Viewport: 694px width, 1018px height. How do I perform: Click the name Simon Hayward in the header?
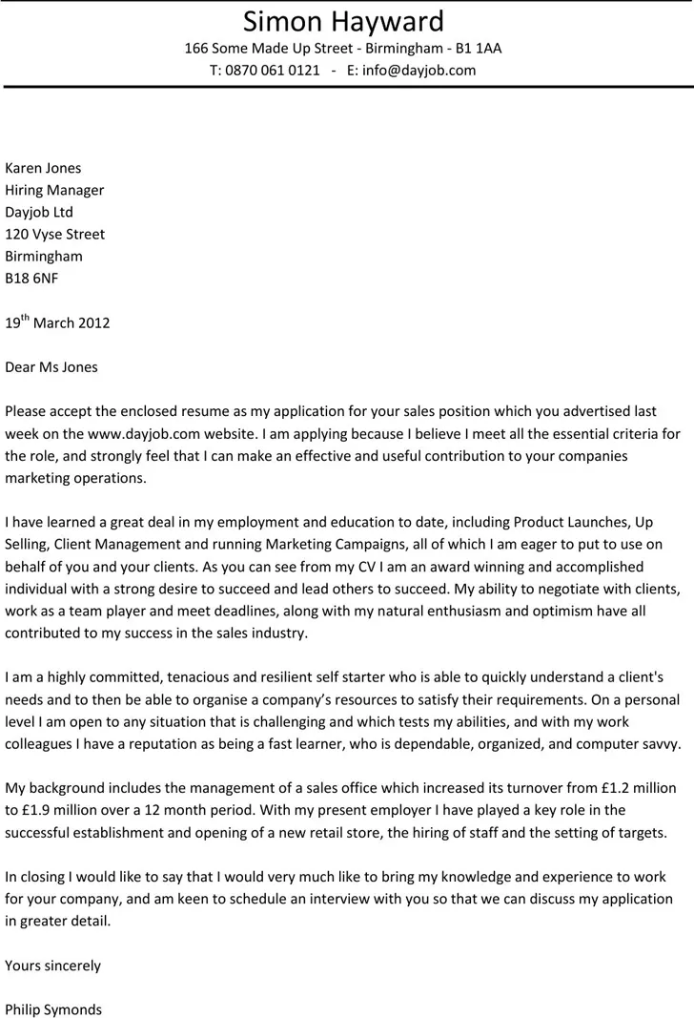tap(343, 21)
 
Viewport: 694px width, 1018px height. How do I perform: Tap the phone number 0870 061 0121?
tap(273, 70)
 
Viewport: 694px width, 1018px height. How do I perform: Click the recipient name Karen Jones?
tap(43, 168)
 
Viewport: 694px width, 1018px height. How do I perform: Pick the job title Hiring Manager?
tap(54, 190)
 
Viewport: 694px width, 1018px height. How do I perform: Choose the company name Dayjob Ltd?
tap(39, 212)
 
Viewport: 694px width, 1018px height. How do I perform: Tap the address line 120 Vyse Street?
tap(55, 234)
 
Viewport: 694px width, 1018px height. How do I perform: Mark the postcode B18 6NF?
tap(31, 278)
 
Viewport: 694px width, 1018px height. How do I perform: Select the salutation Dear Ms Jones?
tap(51, 366)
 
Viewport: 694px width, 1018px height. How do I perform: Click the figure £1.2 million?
tap(628, 788)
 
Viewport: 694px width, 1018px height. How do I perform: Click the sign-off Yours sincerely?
tap(52, 966)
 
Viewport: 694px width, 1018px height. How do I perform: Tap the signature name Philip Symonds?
tap(53, 1008)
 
